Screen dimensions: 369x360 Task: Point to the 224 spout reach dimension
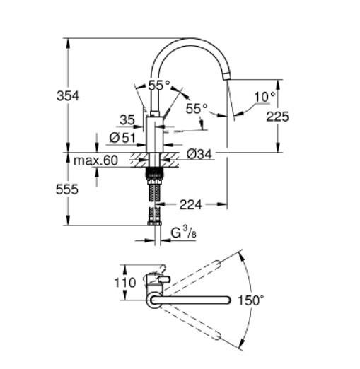coord(190,205)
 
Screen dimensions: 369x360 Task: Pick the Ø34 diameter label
coord(201,152)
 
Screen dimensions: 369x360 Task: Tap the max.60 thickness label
coord(95,161)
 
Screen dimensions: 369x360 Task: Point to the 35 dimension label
coord(127,119)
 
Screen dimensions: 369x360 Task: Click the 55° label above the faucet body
coord(160,85)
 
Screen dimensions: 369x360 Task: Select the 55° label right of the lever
coord(197,109)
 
